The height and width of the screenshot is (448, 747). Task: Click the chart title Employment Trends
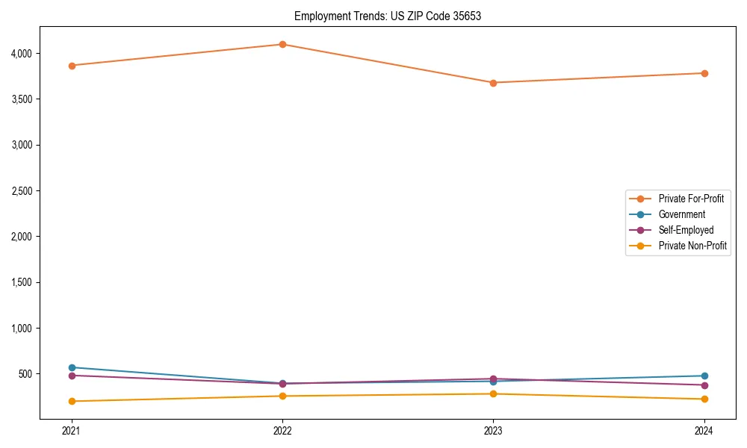tap(387, 16)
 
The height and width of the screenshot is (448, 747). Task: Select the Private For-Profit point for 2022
tap(282, 44)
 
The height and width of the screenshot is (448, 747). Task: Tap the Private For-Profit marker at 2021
tap(72, 66)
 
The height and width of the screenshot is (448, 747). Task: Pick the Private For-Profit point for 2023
tap(493, 83)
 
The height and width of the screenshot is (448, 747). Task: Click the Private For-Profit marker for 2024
tap(704, 73)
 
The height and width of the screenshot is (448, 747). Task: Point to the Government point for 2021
tap(72, 367)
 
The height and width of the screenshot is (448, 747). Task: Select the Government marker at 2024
tap(704, 376)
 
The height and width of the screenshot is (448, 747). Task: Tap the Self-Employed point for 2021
tap(72, 376)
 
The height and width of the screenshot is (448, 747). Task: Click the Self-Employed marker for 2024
tap(704, 385)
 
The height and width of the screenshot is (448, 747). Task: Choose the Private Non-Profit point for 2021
tap(72, 401)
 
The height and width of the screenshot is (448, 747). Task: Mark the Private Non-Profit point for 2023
tap(493, 393)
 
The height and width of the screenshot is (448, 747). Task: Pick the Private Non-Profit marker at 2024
tap(704, 399)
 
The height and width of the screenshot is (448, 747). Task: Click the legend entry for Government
tap(681, 214)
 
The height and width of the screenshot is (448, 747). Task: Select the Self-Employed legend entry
tap(686, 230)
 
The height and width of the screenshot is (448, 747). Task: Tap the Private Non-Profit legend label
tap(692, 246)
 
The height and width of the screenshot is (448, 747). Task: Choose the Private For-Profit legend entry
tap(690, 199)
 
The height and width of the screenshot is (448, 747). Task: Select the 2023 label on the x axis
tap(493, 430)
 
